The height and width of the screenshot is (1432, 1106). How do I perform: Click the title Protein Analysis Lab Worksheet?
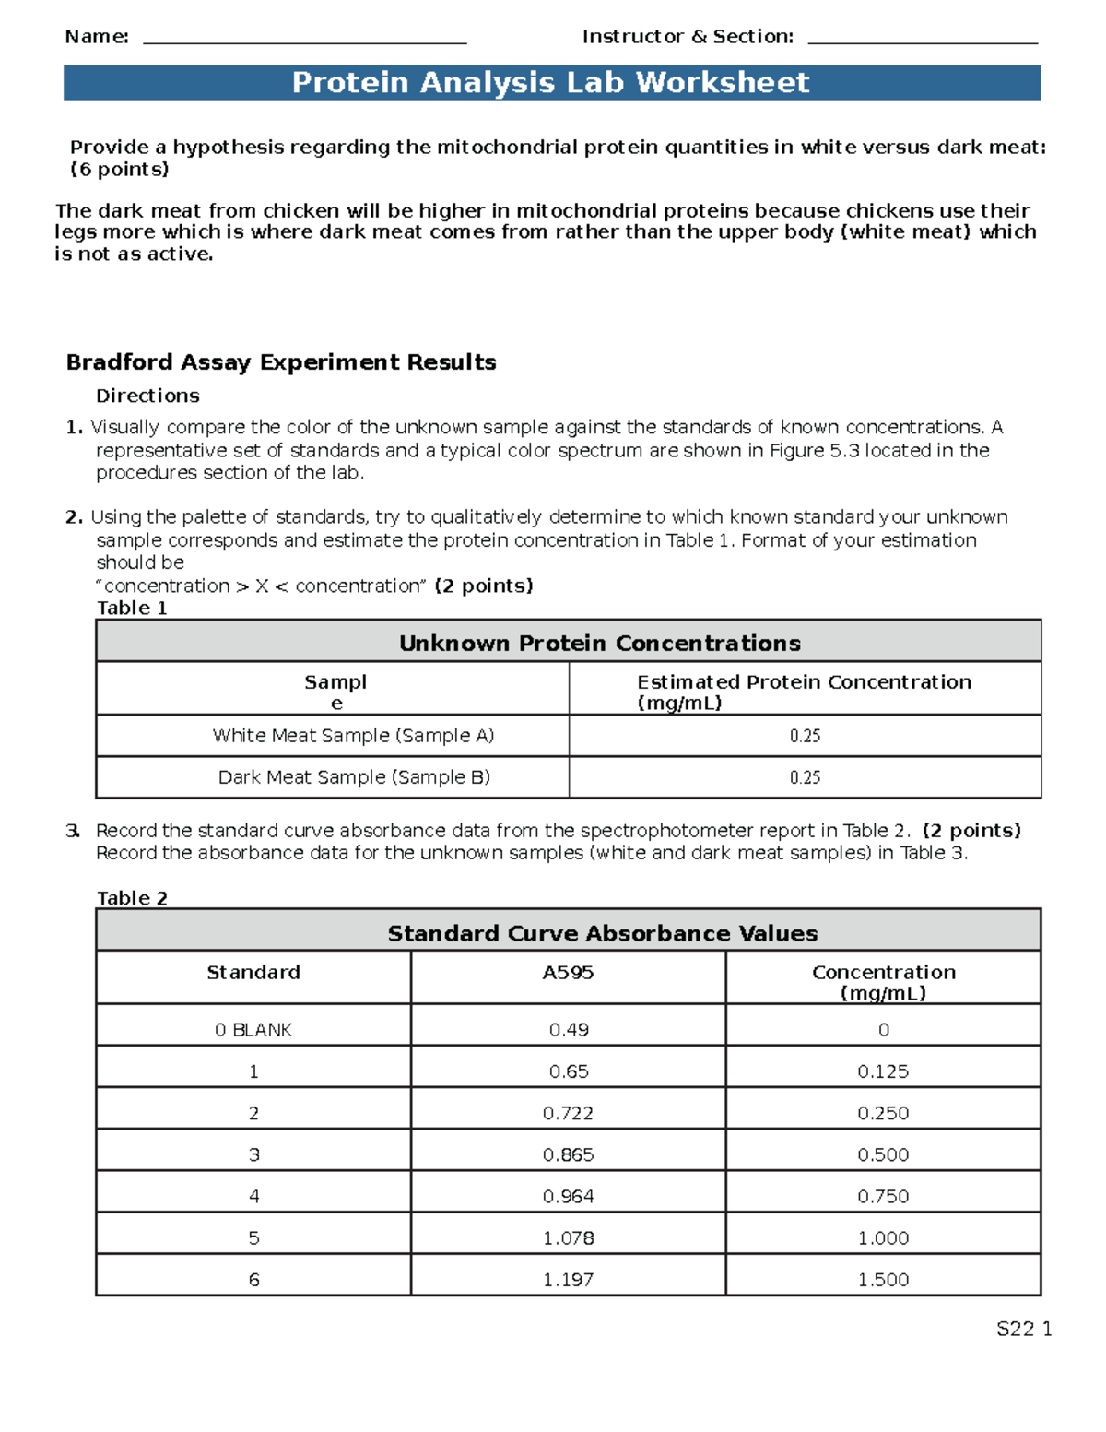(x=550, y=83)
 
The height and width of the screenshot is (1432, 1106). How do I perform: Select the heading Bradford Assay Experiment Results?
(x=281, y=362)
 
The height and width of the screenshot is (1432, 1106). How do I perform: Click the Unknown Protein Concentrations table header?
(x=599, y=643)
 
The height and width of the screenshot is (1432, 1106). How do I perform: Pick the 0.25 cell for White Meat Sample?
(x=805, y=736)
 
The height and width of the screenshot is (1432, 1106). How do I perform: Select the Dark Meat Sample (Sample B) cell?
(x=354, y=777)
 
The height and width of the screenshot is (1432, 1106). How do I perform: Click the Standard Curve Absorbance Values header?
(x=602, y=933)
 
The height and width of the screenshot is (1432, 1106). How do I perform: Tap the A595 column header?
(x=568, y=973)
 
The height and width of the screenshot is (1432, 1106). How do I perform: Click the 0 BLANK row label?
(x=253, y=1030)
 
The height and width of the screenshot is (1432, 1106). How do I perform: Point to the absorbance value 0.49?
(x=569, y=1030)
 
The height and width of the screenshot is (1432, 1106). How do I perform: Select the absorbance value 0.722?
(x=568, y=1113)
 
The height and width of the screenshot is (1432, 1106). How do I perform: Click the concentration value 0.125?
(x=883, y=1071)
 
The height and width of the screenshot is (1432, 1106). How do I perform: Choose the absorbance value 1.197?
(x=568, y=1280)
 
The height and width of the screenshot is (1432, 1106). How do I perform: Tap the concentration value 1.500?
(x=883, y=1280)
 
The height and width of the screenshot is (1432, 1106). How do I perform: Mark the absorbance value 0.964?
(x=568, y=1197)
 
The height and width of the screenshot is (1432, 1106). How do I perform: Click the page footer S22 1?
(x=1023, y=1329)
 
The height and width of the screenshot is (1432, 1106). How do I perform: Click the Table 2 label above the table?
(x=133, y=898)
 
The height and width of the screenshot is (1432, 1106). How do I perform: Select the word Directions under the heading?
(x=147, y=396)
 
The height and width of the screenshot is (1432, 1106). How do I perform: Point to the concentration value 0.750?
(x=883, y=1197)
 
